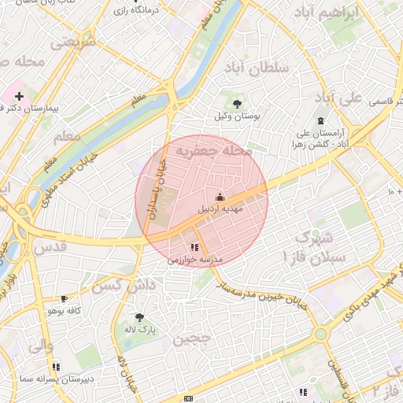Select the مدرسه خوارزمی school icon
point(194,247)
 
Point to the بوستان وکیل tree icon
point(237,103)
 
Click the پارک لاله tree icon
point(140,317)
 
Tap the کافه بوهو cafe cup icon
point(65,299)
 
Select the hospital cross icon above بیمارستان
point(19,95)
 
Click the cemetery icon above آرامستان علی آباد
point(320,120)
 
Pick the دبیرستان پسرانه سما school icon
point(56,366)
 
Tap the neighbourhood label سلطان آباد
point(257,68)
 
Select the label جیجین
point(193,338)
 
